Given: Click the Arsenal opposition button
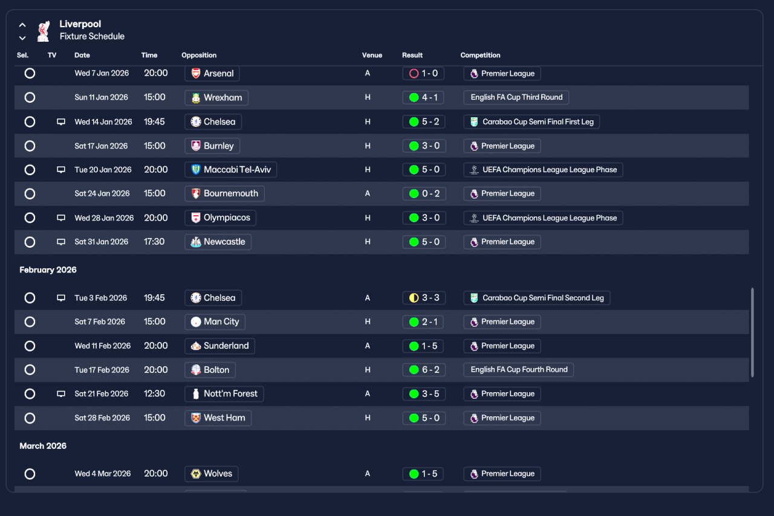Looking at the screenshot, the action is [x=212, y=73].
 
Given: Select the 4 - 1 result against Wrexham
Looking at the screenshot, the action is [x=423, y=97].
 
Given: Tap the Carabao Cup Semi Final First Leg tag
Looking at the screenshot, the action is [x=532, y=121].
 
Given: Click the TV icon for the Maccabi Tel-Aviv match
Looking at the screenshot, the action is [x=61, y=170].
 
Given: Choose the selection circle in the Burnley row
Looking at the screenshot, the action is [x=30, y=146].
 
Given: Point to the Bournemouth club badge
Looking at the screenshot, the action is [x=196, y=193].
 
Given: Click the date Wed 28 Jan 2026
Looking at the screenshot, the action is [x=104, y=218].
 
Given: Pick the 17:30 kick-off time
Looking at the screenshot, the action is [x=154, y=242].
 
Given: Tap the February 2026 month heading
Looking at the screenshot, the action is [x=48, y=269].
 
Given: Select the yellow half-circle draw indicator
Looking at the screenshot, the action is [x=414, y=298].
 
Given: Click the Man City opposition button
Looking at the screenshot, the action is [x=215, y=321].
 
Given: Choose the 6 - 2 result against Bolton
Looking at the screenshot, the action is [x=424, y=370].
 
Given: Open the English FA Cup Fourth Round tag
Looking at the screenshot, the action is [x=519, y=370].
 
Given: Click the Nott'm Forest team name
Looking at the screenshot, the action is [x=230, y=394].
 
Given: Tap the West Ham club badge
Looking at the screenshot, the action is [x=196, y=418].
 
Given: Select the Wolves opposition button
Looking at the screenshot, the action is [x=212, y=474].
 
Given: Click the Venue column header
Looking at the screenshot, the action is [x=372, y=55].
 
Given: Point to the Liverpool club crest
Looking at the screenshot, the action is [x=44, y=31].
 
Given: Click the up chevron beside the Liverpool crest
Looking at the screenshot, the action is [x=22, y=25].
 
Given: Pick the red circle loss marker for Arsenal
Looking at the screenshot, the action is [x=414, y=73].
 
